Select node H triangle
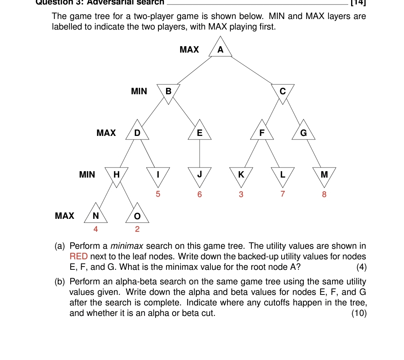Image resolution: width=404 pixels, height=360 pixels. pyautogui.click(x=116, y=175)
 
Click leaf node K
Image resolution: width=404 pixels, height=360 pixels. pyautogui.click(x=241, y=175)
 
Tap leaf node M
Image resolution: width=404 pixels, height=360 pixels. pyautogui.click(x=324, y=175)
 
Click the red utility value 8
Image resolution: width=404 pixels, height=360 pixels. pyautogui.click(x=324, y=195)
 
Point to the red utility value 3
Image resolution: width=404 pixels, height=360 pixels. pyautogui.click(x=241, y=195)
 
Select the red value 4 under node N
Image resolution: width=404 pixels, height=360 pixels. pyautogui.click(x=96, y=229)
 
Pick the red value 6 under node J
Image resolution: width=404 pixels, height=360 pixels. pyautogui.click(x=199, y=195)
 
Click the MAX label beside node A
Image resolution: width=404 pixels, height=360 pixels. pyautogui.click(x=189, y=50)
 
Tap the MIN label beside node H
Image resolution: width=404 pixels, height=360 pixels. pyautogui.click(x=87, y=175)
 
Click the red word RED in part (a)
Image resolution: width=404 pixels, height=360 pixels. pyautogui.click(x=78, y=256)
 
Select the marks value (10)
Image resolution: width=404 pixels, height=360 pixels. pyautogui.click(x=359, y=313)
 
